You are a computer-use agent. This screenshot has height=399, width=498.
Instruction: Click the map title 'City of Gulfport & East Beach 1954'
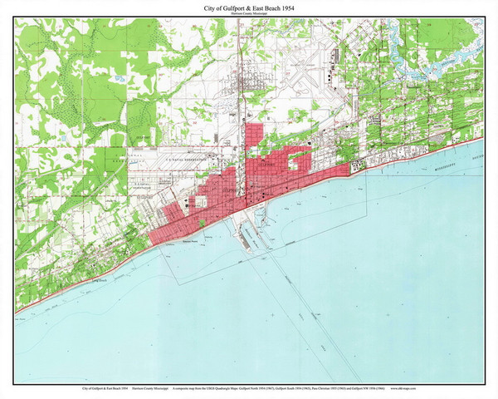coord(248,7)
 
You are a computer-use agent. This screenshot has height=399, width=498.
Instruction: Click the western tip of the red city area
coord(152,241)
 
